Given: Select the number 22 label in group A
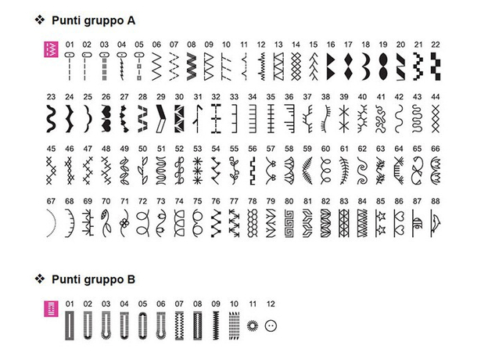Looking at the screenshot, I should point(435,45).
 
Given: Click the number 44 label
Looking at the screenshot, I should point(436,97).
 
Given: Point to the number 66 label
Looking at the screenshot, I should point(436,149).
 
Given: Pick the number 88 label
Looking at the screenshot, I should point(436,201).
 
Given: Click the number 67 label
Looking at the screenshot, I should point(52,201).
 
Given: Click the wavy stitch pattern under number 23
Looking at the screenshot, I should point(52,117).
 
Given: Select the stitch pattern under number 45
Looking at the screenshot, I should point(52,168).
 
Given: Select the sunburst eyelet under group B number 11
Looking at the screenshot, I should point(251,324).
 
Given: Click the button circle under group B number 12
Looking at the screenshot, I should point(271,324).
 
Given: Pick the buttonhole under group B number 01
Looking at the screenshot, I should point(70,324).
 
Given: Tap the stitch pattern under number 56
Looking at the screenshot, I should point(251,168).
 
